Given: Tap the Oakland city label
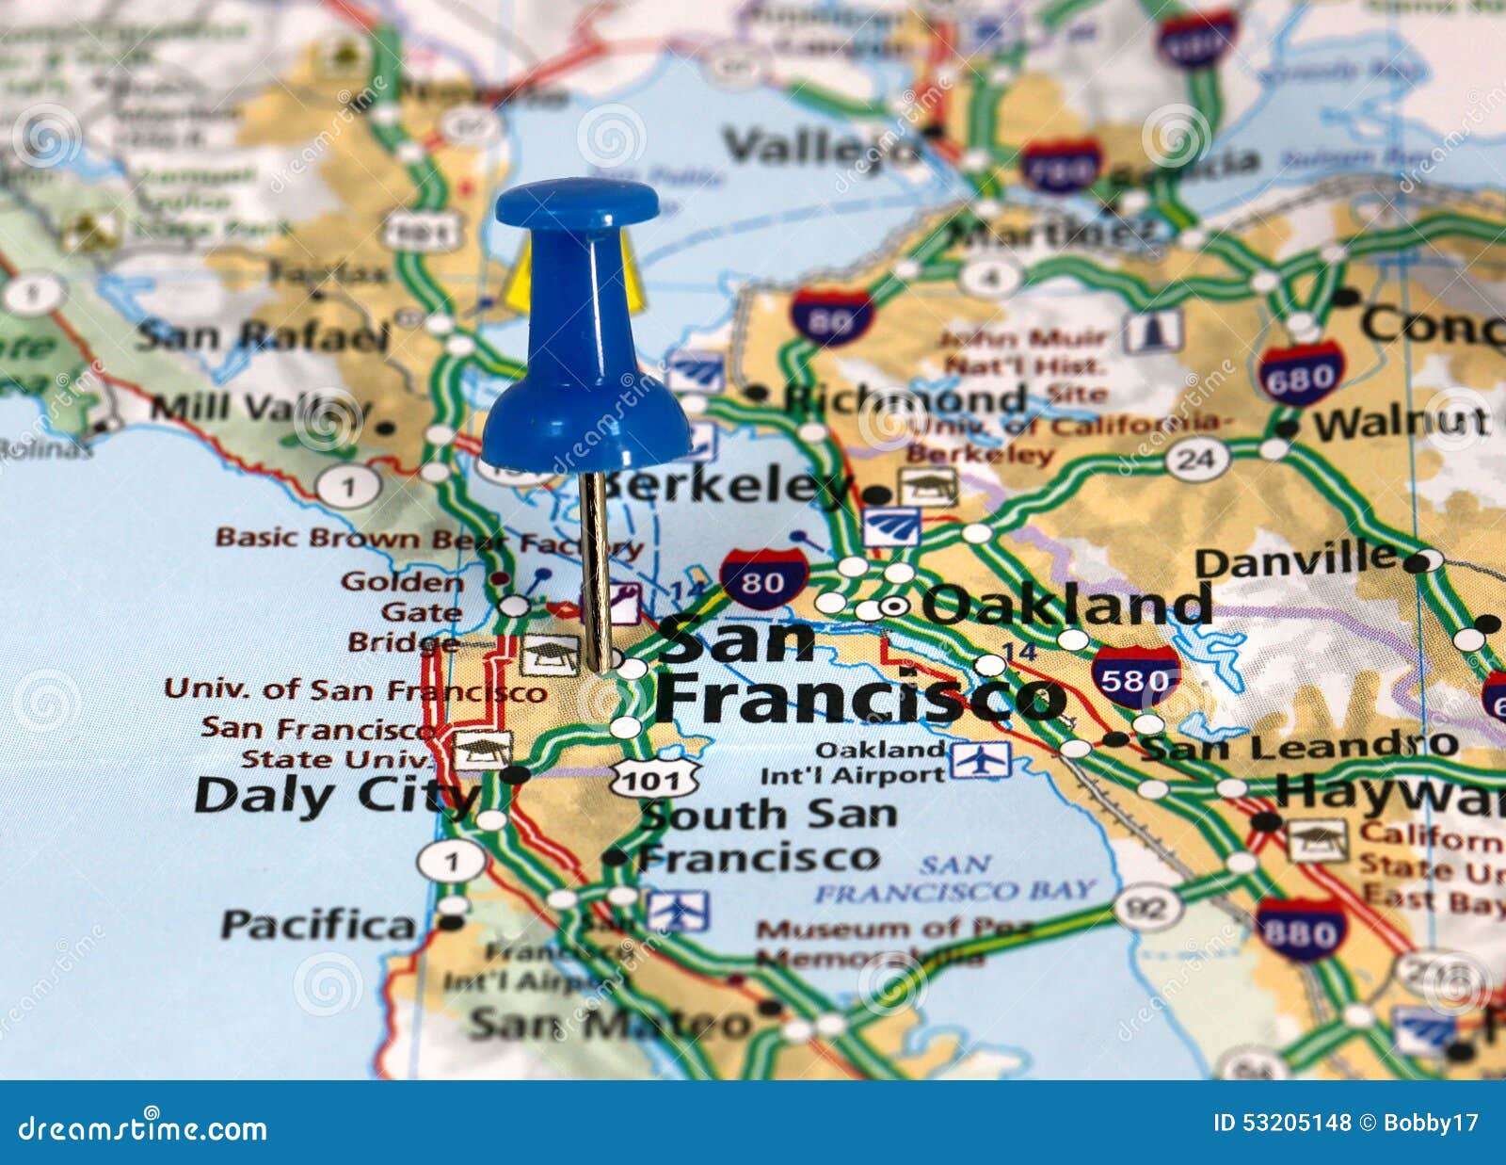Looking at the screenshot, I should click(x=1066, y=605).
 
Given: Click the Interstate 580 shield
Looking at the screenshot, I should click(x=1136, y=677).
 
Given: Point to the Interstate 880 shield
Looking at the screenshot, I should click(x=1301, y=930).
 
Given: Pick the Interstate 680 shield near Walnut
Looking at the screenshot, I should click(x=1301, y=375).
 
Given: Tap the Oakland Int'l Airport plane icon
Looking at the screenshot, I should click(x=980, y=760).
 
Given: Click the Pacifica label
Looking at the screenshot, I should click(x=318, y=926).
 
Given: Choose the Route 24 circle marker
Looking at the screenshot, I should click(x=1197, y=460).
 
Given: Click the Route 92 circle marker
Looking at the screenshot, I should click(x=1147, y=908).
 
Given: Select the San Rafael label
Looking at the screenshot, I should click(x=263, y=336).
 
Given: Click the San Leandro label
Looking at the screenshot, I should click(x=1299, y=748).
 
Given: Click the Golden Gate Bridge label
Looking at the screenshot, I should click(x=405, y=612).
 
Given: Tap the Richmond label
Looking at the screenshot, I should click(x=904, y=399).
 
